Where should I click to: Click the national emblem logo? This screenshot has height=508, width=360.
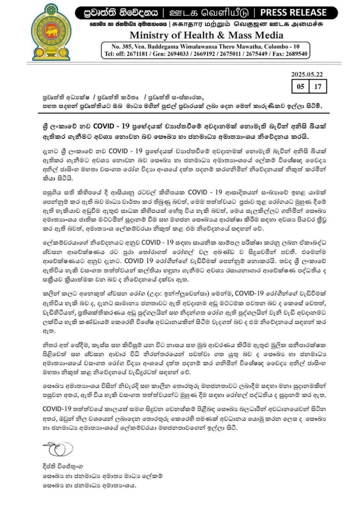pyautogui.click(x=51, y=32)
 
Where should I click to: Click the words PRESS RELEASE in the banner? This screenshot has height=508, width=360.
pyautogui.click(x=293, y=13)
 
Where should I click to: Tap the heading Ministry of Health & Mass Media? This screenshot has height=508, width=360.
pyautogui.click(x=206, y=35)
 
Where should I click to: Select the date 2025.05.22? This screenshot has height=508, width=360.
pyautogui.click(x=307, y=75)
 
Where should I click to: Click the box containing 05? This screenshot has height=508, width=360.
pyautogui.click(x=300, y=86)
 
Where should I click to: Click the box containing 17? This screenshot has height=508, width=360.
pyautogui.click(x=317, y=86)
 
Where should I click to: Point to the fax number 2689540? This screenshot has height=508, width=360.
pyautogui.click(x=295, y=54)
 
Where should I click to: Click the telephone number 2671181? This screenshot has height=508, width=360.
pyautogui.click(x=137, y=54)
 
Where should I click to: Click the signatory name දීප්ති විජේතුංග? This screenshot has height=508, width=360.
pyautogui.click(x=63, y=466)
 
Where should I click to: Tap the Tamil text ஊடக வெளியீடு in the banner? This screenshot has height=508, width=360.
pyautogui.click(x=209, y=13)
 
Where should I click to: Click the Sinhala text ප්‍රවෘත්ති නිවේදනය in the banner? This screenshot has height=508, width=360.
pyautogui.click(x=121, y=13)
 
